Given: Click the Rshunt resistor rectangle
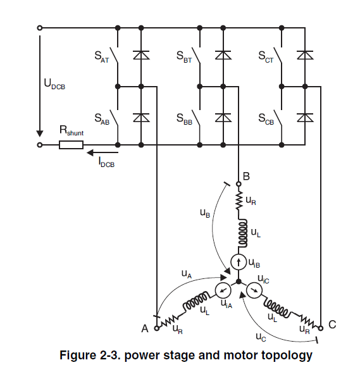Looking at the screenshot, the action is click(71, 145).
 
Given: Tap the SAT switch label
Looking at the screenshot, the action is click(102, 57).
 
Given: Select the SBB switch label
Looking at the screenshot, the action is click(184, 119).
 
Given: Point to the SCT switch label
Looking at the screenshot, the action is click(266, 57).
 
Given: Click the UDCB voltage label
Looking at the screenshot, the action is click(54, 84).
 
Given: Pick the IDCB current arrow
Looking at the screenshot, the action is click(102, 152).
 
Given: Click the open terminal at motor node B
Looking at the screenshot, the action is click(239, 184).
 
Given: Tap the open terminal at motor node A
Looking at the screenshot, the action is click(157, 328).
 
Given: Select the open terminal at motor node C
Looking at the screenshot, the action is click(321, 328).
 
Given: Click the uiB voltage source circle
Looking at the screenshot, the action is click(239, 262).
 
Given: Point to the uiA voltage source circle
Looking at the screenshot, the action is click(223, 290).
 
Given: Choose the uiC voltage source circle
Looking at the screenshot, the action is click(254, 290).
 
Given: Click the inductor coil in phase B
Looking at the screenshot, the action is click(242, 233).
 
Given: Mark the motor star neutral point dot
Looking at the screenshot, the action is click(239, 282).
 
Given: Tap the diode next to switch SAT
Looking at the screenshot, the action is click(141, 55).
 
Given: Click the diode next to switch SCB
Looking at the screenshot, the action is click(305, 118).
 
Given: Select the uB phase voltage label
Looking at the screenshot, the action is click(205, 213).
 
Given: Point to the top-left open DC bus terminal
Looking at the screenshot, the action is click(40, 28).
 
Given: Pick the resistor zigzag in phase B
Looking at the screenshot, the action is click(239, 201).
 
